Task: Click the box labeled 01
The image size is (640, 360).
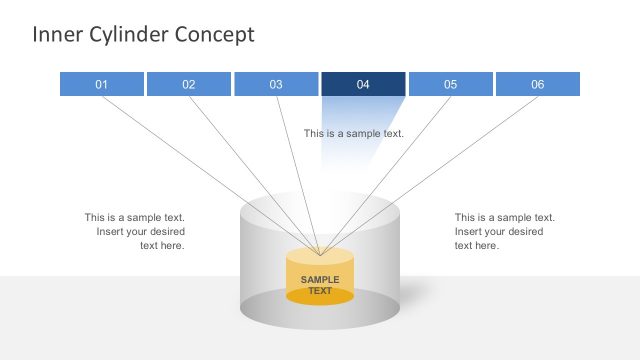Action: (102, 84)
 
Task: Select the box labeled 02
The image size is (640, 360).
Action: (189, 84)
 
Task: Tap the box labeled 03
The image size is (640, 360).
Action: (276, 84)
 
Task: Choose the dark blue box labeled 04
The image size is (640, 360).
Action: (363, 84)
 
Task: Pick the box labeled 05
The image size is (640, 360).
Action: (450, 84)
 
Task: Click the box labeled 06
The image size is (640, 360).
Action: (538, 84)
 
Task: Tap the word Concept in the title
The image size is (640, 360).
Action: (214, 35)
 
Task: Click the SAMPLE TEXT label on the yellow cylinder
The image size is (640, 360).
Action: (320, 285)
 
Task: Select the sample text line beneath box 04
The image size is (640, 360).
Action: (354, 133)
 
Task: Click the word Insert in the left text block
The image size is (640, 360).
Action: (112, 231)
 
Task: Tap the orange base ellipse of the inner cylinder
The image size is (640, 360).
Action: (320, 297)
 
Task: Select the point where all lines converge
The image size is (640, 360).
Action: (320, 254)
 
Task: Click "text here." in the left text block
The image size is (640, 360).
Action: (162, 245)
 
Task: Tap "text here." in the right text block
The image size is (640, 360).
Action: (477, 245)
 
